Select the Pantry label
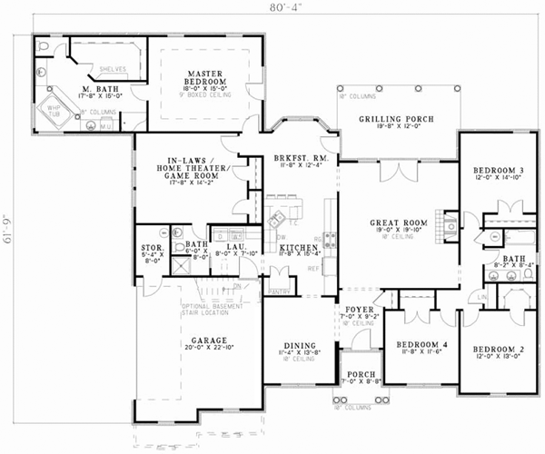[280, 292]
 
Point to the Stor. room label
[152, 246]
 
